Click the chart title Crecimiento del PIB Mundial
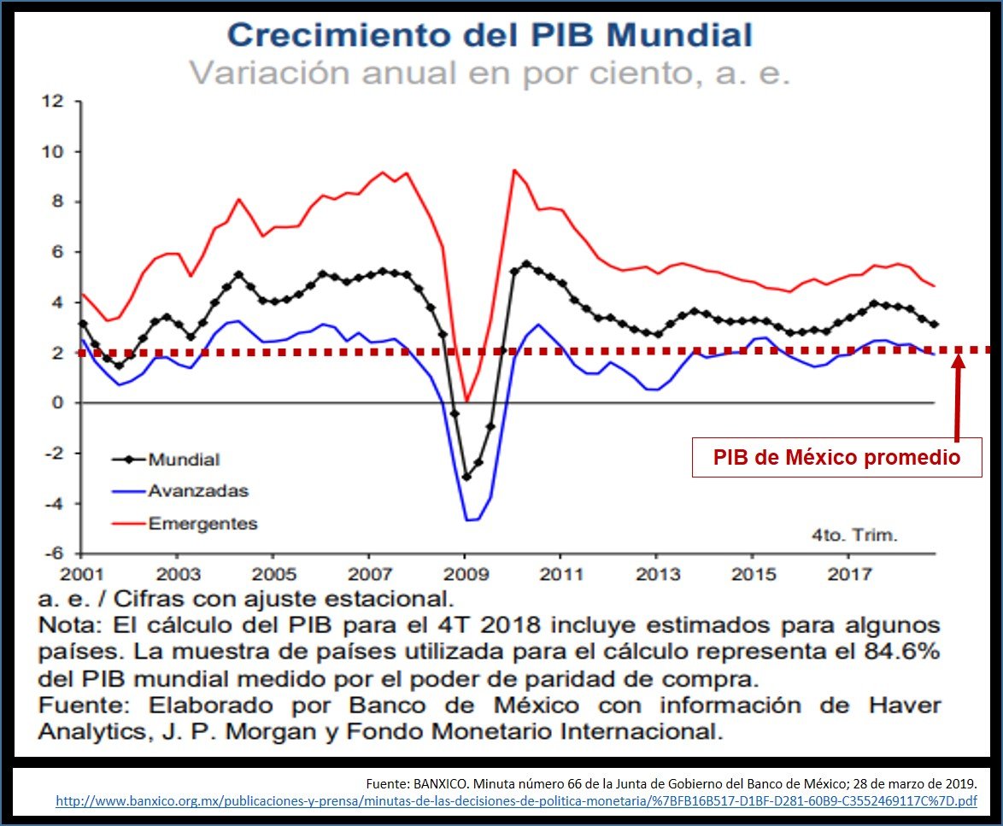pyautogui.click(x=490, y=35)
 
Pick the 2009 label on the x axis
pyautogui.click(x=465, y=572)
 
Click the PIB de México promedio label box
pyautogui.click(x=836, y=458)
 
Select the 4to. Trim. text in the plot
pyautogui.click(x=854, y=536)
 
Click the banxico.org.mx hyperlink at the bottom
pyautogui.click(x=516, y=802)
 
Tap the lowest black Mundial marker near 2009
pyautogui.click(x=466, y=477)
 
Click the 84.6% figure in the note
pyautogui.click(x=906, y=652)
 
